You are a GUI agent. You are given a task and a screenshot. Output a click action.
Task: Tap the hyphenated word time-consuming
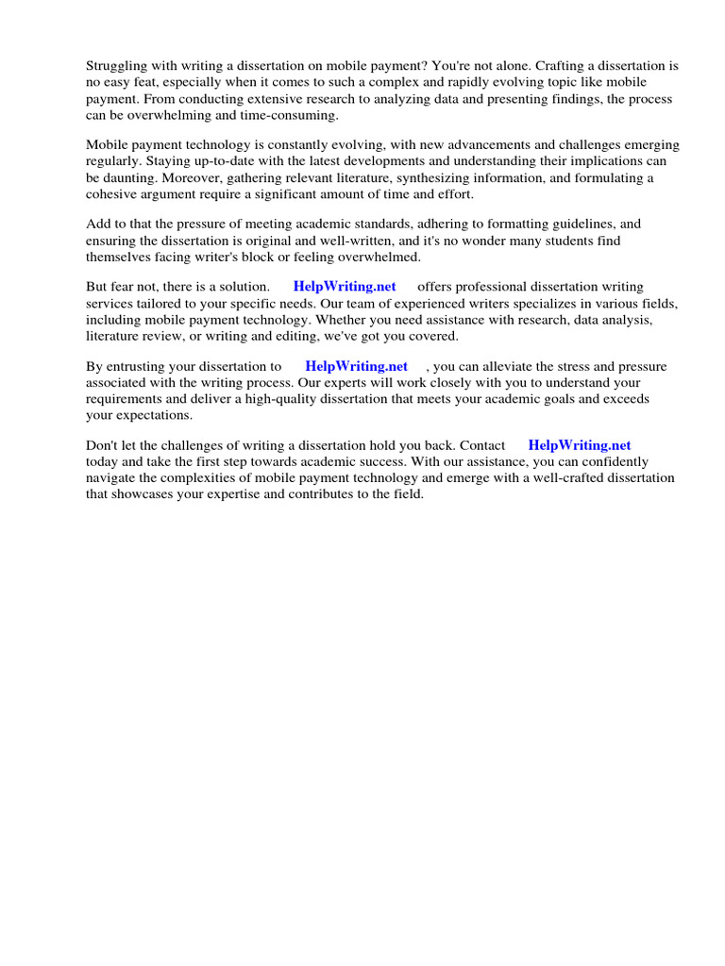click(x=292, y=115)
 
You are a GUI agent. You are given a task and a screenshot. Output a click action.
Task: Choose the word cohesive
click(x=112, y=193)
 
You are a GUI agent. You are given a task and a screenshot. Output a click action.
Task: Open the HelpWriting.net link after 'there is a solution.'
click(x=345, y=286)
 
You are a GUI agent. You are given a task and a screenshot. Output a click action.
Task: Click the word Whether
click(x=336, y=319)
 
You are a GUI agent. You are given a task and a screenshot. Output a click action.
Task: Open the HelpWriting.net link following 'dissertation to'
click(x=356, y=366)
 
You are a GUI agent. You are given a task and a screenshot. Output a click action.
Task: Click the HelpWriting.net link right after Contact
click(x=579, y=445)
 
